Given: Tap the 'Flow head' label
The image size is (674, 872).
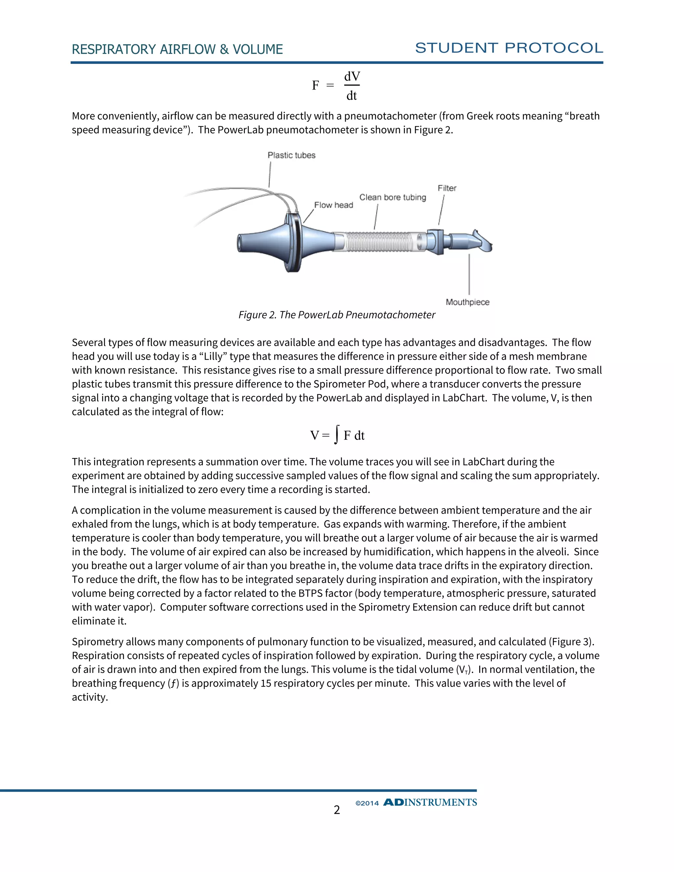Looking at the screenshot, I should coord(333,205).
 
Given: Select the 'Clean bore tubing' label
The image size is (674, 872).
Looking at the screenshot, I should coord(393,197).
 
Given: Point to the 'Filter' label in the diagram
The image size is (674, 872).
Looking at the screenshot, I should coord(447,188).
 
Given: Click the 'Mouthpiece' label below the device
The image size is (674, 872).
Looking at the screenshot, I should coord(467,302).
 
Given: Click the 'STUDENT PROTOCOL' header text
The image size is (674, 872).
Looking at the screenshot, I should coord(509,48).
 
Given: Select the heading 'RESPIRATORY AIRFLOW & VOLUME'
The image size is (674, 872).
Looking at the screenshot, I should coord(177,49).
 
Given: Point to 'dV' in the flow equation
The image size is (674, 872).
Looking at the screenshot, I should coord(352,76).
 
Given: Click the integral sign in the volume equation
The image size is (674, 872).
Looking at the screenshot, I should coord(337,434).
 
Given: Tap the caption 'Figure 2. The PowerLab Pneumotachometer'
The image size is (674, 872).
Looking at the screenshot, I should coord(337,315).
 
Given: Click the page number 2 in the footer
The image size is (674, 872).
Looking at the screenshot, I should coord(337,810).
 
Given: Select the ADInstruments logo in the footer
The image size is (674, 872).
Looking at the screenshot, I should coord(430,803).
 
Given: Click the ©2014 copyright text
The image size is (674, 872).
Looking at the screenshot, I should coord(367,803).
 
